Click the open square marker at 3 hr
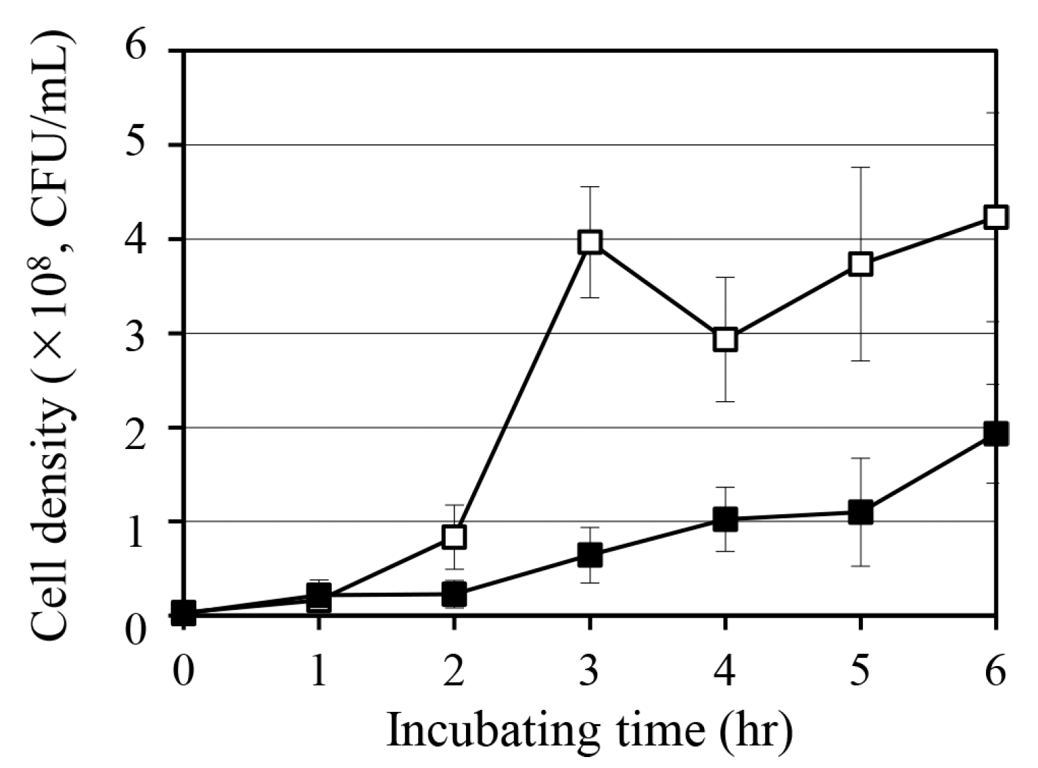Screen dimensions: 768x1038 point(590,242)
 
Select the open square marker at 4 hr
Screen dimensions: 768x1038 point(725,339)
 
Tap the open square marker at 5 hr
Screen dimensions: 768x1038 point(861,264)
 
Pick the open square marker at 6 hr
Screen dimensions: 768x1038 point(996,218)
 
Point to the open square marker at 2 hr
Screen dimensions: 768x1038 point(454,537)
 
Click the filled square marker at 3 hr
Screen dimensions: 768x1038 point(590,555)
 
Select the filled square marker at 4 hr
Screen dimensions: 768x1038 point(725,520)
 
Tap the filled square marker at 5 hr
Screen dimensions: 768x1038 point(861,512)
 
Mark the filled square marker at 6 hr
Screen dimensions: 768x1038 point(996,433)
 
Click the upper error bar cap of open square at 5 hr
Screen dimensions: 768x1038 point(861,167)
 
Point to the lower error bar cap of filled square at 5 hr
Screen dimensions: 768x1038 point(861,566)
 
